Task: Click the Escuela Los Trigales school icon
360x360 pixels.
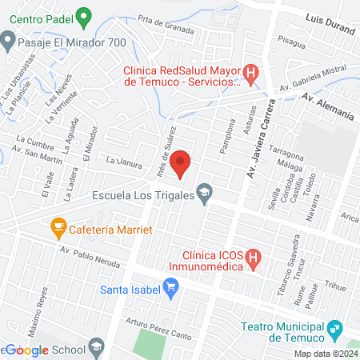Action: (x=205, y=192)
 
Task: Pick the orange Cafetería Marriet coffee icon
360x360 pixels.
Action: (x=58, y=228)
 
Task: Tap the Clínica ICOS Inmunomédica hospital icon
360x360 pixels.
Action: (x=253, y=258)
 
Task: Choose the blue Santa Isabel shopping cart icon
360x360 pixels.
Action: (x=170, y=286)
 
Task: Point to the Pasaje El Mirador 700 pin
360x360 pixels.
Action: (x=8, y=38)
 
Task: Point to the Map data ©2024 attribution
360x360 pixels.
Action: (x=325, y=354)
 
